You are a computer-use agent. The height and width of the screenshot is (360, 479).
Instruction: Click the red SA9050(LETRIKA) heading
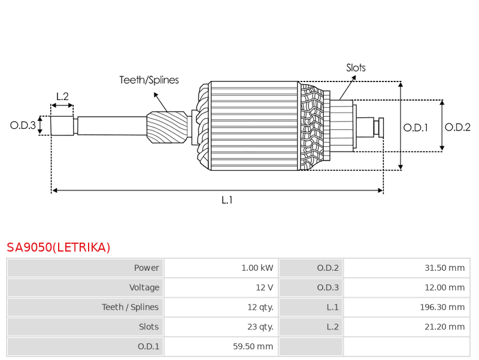58,247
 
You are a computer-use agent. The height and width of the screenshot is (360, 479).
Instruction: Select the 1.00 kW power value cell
221,268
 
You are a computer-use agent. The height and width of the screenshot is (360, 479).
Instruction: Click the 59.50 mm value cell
221,346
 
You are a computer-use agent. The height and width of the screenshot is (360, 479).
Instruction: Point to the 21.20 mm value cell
407,326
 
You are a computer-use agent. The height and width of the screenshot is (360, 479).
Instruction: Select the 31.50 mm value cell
407,268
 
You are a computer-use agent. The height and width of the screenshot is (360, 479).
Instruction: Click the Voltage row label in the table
144,288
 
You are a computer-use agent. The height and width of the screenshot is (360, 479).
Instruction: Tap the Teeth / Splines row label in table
130,307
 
